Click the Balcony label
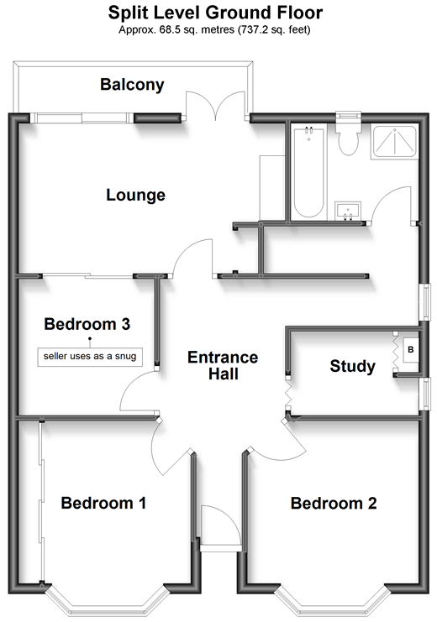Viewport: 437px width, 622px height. [132, 85]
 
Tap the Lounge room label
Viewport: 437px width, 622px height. [135, 196]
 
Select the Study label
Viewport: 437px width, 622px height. [352, 366]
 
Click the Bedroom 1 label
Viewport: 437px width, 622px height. [103, 503]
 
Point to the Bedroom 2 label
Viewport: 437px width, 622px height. [334, 503]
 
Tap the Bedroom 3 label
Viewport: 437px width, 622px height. [87, 324]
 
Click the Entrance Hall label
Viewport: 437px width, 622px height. [223, 365]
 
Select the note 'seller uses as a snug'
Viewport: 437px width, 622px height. [90, 357]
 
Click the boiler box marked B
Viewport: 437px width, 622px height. [410, 349]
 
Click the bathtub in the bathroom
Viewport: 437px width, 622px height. [308, 171]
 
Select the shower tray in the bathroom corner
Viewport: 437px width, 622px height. [394, 142]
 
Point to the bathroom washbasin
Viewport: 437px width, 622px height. [348, 210]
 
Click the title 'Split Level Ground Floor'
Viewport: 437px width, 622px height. [215, 13]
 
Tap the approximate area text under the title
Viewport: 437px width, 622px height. [214, 29]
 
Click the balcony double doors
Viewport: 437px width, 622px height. [216, 105]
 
